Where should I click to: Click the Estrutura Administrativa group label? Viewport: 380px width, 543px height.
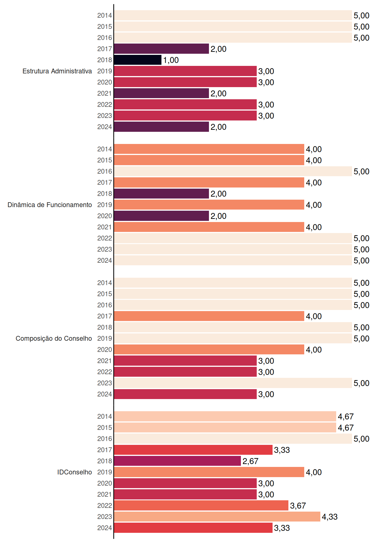click(57, 71)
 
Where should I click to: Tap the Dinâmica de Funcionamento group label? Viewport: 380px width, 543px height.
click(50, 205)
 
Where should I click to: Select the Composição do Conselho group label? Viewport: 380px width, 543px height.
click(54, 339)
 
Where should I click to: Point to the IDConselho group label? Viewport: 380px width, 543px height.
click(75, 472)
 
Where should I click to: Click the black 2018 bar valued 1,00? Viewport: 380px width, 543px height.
click(138, 60)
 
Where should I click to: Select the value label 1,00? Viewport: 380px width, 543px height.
click(171, 60)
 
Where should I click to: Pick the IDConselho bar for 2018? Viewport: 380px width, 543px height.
click(178, 461)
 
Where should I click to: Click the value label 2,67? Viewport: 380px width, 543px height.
click(250, 461)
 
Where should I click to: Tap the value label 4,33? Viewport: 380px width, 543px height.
click(330, 517)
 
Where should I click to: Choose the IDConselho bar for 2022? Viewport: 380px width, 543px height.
click(201, 505)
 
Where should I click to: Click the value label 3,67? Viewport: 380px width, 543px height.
click(298, 506)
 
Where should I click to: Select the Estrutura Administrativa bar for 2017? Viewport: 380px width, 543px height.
click(161, 49)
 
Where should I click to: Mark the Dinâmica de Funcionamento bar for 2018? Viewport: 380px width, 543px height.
click(161, 194)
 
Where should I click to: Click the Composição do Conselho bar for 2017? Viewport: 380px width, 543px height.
click(209, 316)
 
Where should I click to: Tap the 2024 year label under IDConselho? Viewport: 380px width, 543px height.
click(105, 528)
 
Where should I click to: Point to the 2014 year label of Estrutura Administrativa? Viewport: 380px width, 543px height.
click(105, 16)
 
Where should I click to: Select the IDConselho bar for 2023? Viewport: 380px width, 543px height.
click(217, 517)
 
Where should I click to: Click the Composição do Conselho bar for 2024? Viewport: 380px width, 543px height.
click(185, 394)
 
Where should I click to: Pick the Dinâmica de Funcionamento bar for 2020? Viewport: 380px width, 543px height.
click(161, 216)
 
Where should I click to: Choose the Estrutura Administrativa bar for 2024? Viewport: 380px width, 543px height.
click(161, 127)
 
